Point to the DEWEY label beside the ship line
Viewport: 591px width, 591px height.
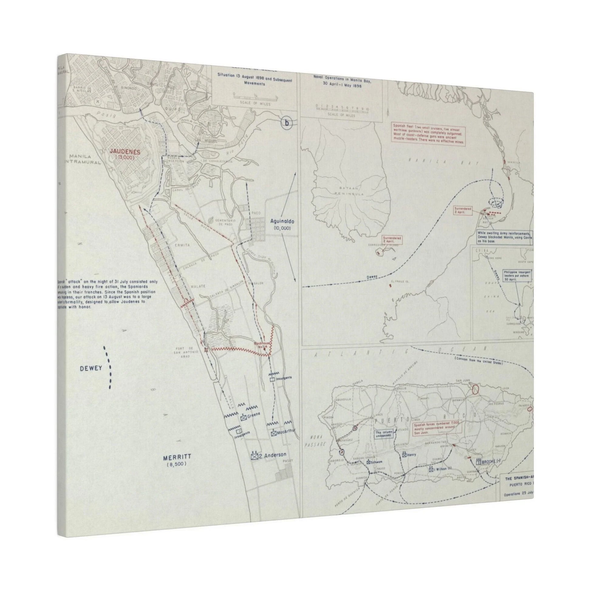pyautogui.click(x=91, y=369)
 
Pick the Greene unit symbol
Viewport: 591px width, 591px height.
pyautogui.click(x=244, y=418)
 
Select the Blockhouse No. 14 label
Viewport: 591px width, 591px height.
pyautogui.click(x=262, y=345)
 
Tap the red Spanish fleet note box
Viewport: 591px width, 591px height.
pyautogui.click(x=429, y=134)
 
